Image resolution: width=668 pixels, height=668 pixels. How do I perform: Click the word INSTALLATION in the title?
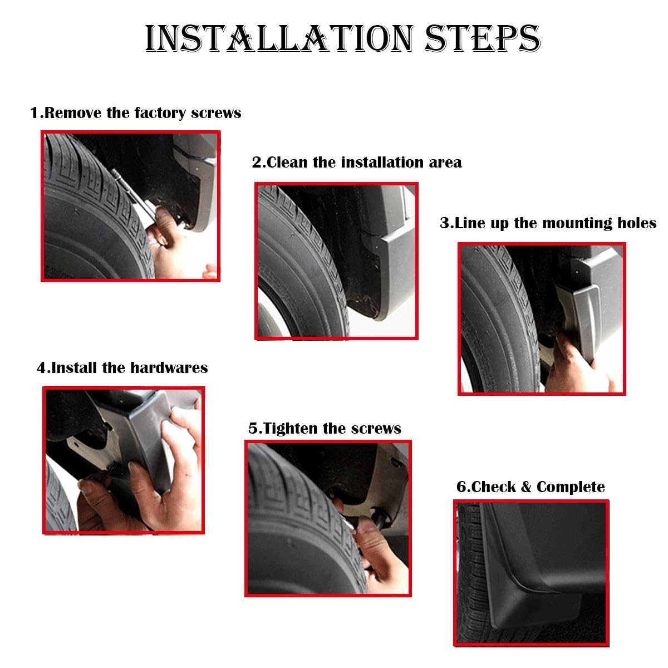click(x=279, y=38)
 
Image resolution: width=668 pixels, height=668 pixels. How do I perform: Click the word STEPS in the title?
click(x=482, y=38)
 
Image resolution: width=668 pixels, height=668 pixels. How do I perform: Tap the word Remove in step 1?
click(x=73, y=113)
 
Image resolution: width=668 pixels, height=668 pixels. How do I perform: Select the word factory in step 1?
click(x=160, y=114)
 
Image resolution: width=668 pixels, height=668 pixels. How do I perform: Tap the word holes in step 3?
click(x=637, y=223)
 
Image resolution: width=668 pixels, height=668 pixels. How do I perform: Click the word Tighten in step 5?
click(x=291, y=429)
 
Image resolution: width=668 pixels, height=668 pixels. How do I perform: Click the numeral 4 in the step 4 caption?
click(x=41, y=368)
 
